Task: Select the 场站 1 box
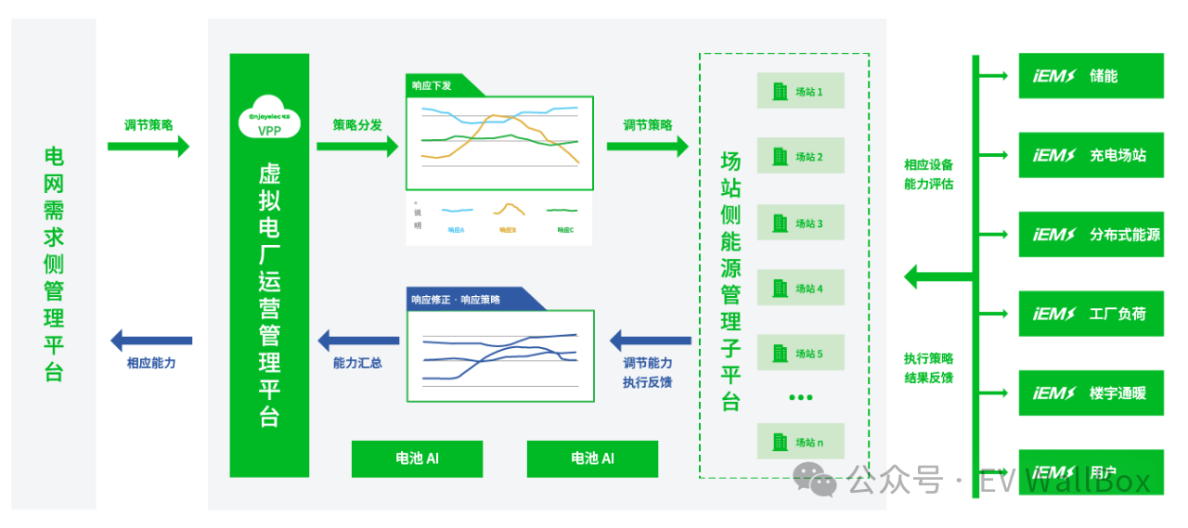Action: [800, 91]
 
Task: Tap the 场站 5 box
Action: [800, 354]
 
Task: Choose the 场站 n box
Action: [800, 442]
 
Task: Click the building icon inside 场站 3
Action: [780, 223]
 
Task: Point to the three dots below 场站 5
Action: [800, 397]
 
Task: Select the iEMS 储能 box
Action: [1091, 75]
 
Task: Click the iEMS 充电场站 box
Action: [1091, 155]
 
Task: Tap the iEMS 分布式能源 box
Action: [1091, 235]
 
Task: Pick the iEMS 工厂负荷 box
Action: [1091, 314]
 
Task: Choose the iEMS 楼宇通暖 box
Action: [1091, 393]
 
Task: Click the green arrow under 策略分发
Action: [357, 146]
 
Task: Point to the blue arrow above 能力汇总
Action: [357, 341]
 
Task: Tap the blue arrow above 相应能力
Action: [151, 341]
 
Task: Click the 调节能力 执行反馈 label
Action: [648, 372]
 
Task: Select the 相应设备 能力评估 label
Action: [928, 174]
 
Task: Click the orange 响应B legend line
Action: [508, 210]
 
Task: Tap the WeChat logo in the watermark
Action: [815, 479]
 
